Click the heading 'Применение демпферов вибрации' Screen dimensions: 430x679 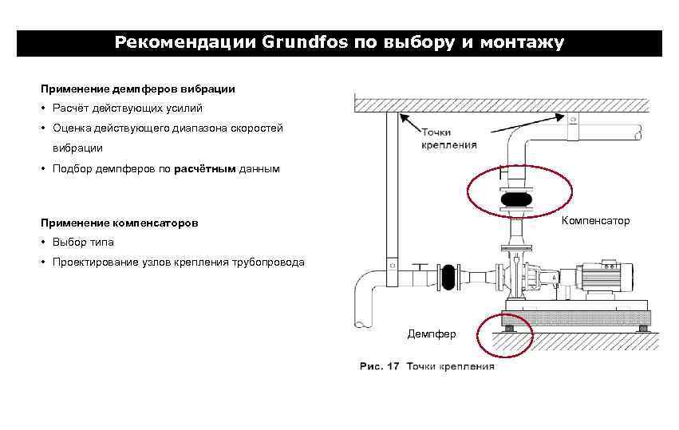click(x=138, y=88)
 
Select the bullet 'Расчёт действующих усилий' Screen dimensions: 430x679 click(x=128, y=108)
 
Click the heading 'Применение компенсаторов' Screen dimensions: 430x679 click(x=119, y=223)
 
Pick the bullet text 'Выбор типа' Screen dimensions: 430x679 click(x=83, y=242)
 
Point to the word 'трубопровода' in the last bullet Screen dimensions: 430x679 click(x=266, y=262)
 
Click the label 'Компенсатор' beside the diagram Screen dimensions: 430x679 click(x=595, y=220)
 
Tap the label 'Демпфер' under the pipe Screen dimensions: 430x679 click(x=432, y=333)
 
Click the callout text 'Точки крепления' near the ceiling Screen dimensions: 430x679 click(x=449, y=139)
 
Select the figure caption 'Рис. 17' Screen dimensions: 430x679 click(x=379, y=367)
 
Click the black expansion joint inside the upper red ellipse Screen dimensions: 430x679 click(x=518, y=199)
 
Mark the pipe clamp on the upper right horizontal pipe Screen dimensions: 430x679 click(x=572, y=128)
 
